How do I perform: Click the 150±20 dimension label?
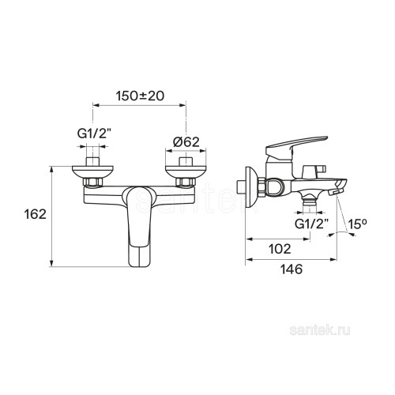click(x=140, y=96)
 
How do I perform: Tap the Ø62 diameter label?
click(x=186, y=142)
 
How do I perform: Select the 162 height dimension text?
click(x=35, y=214)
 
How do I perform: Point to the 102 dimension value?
click(x=280, y=249)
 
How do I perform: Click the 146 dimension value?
click(x=292, y=269)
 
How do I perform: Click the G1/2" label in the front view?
click(x=93, y=134)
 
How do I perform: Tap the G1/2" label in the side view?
click(x=312, y=224)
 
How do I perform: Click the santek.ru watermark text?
click(x=320, y=330)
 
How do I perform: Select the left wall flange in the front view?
click(x=92, y=171)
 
